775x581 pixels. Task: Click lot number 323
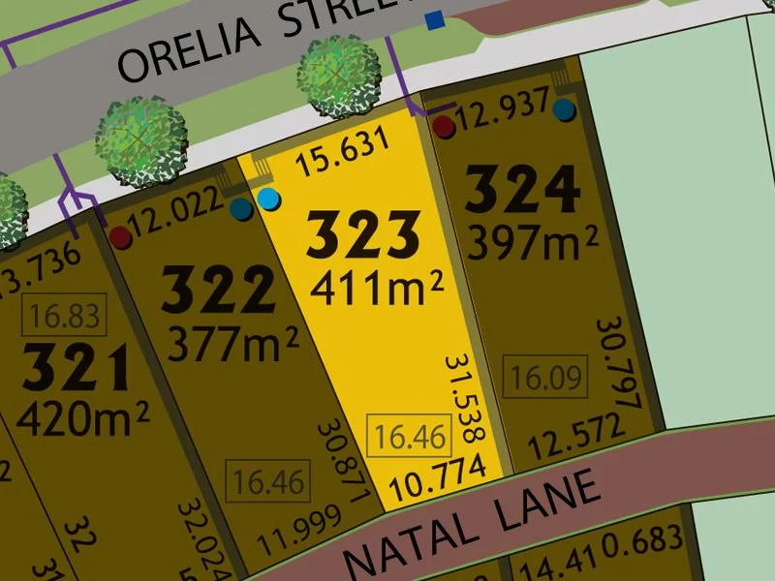coord(363,234)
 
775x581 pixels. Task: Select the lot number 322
coord(219,290)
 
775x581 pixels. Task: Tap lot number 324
coord(522,192)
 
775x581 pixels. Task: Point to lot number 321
coord(77,369)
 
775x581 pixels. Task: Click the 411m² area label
coord(377,285)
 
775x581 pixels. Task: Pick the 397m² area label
coord(532,241)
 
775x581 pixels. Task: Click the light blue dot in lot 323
coord(269,200)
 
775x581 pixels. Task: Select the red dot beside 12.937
coord(444,126)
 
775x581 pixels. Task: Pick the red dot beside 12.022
coord(119,236)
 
